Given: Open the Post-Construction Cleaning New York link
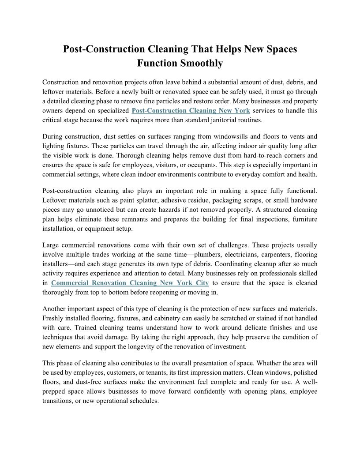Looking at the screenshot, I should click(191, 110).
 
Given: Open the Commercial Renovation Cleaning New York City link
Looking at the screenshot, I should click(130, 282).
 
